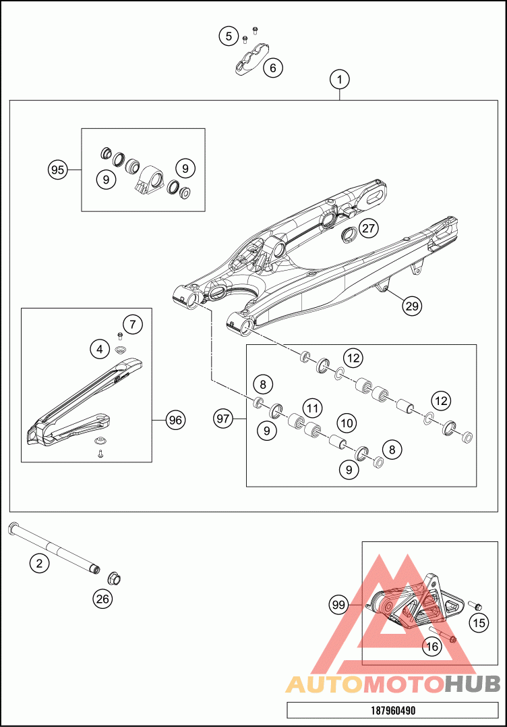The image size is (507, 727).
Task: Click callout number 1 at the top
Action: [x=340, y=80]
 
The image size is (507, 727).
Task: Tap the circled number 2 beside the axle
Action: [x=40, y=562]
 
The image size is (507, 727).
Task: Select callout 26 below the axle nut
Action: [x=103, y=597]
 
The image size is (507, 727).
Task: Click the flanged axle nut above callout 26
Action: [x=114, y=578]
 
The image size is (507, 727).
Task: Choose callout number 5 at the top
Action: [x=229, y=36]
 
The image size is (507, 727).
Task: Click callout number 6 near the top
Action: [x=273, y=68]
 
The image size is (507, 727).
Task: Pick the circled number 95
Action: [x=58, y=169]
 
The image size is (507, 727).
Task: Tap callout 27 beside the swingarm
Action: [x=367, y=228]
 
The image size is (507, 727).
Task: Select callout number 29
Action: [x=411, y=306]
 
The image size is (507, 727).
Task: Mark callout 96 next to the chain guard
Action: [x=175, y=420]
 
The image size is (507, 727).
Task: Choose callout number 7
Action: [x=133, y=325]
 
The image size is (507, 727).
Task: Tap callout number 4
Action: [x=100, y=349]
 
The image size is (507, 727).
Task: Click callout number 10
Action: [x=346, y=423]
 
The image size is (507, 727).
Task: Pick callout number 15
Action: [x=479, y=622]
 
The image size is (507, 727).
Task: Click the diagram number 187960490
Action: [x=392, y=711]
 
